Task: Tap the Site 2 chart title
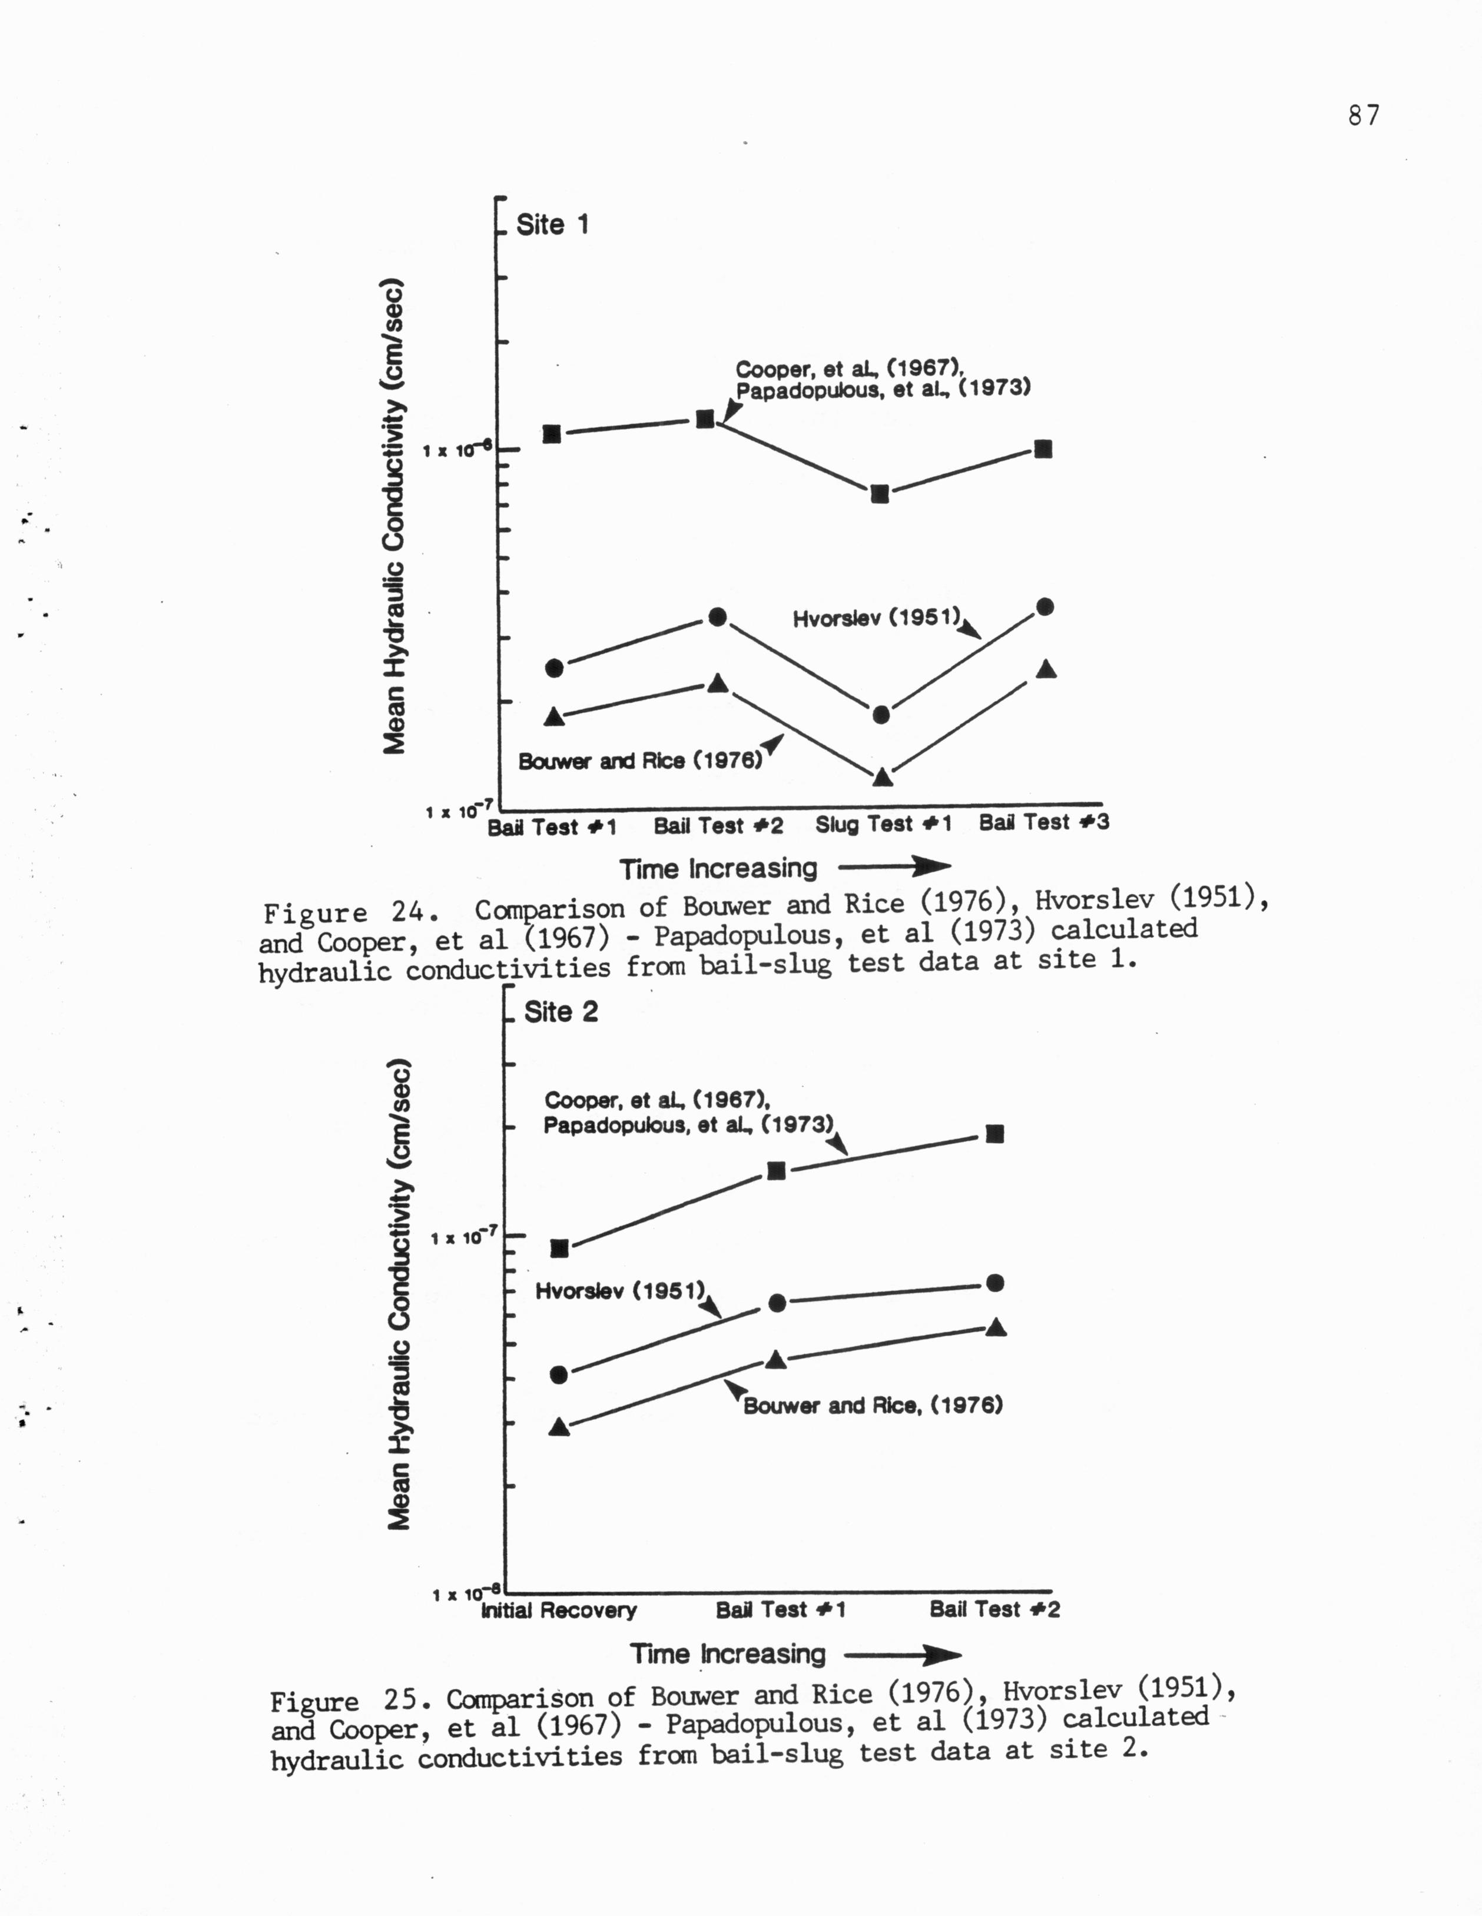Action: tap(561, 1011)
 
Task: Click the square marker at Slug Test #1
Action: tap(880, 494)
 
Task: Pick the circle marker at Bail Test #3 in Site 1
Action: tap(1044, 607)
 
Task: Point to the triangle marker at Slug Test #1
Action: tap(883, 776)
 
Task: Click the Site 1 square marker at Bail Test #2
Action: tap(705, 419)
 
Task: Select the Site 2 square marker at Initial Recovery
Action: tap(559, 1248)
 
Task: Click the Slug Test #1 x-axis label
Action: tap(883, 825)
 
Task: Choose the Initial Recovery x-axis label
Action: tap(559, 1610)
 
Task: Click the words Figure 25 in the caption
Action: tap(349, 1700)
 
